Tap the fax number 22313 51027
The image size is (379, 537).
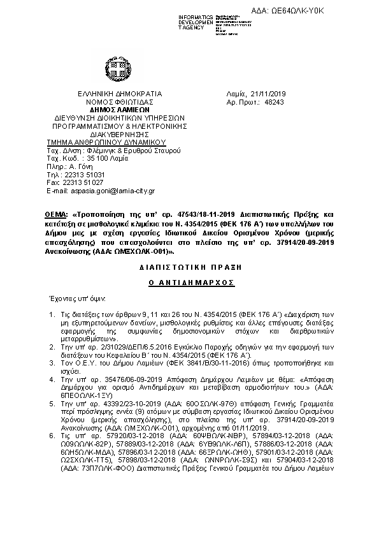[x=83, y=182]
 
